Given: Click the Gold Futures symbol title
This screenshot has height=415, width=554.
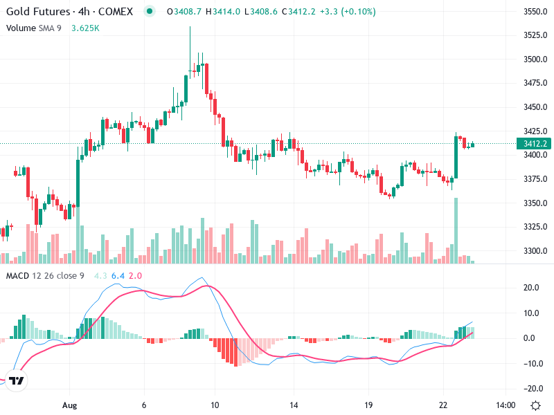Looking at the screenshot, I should [x=37, y=12].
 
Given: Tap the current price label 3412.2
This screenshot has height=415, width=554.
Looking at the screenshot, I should [x=535, y=144].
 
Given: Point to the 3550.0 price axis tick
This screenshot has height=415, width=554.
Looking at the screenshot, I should [x=536, y=12].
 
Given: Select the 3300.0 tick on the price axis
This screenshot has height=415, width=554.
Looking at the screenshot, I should [x=536, y=251].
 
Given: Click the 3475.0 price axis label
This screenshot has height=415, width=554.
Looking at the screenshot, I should [x=536, y=84].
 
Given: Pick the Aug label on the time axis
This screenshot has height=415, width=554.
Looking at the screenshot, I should [x=69, y=405].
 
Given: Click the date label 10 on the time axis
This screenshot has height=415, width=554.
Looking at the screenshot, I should [x=215, y=405].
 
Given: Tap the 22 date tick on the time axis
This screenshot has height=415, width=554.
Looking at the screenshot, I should [x=443, y=405].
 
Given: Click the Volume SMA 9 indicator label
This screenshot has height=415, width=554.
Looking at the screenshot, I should [x=35, y=28].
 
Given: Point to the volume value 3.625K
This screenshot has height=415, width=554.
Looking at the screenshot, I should [x=86, y=28].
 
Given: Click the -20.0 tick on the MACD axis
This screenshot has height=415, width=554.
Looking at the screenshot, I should [x=532, y=388].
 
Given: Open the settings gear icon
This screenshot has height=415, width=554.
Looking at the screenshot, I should [x=535, y=405].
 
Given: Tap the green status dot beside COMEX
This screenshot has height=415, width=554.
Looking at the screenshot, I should [x=149, y=12].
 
